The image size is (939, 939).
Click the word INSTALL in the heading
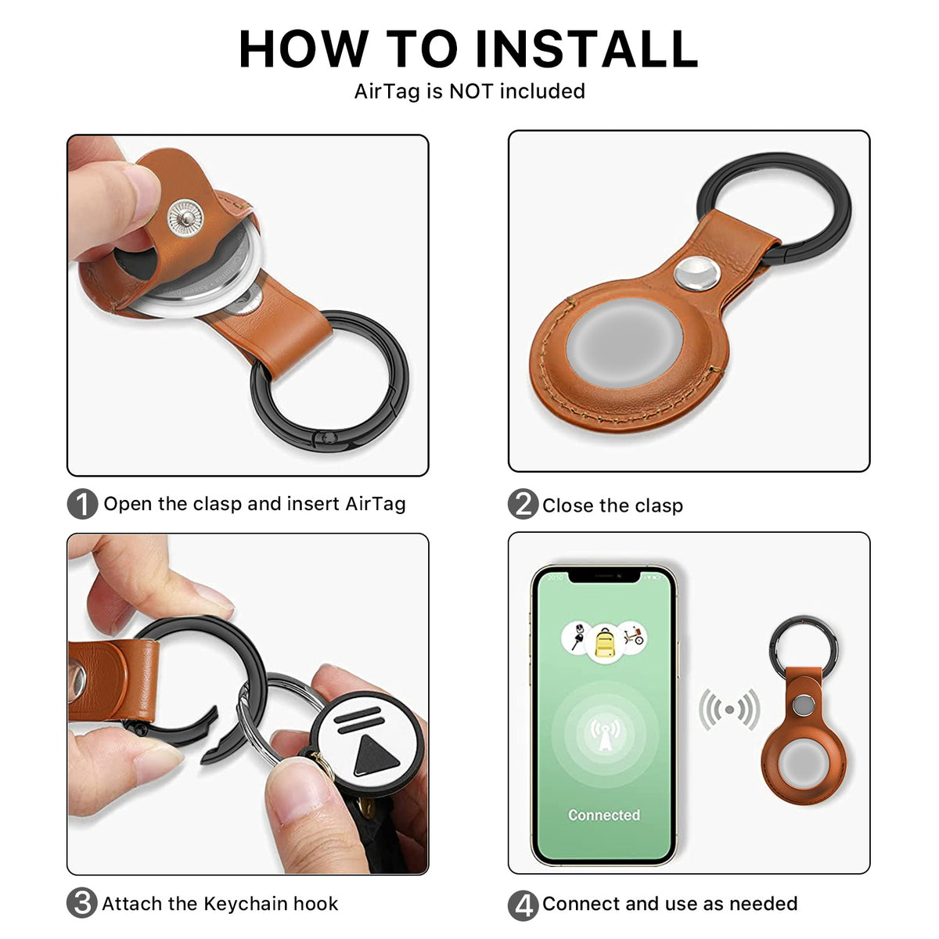point(587,49)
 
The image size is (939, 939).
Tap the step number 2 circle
point(523,505)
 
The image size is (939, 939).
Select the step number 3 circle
point(82,903)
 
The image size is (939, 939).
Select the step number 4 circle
point(523,905)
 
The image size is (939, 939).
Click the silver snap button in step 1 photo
point(184,217)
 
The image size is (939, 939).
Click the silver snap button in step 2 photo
point(697,274)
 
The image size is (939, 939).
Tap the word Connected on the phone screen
point(603,815)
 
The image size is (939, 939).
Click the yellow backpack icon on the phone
point(603,642)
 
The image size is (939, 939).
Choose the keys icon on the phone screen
point(577,636)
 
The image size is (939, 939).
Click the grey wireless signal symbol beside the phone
point(729,710)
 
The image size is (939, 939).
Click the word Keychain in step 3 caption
point(234,904)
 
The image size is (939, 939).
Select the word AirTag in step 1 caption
point(376,504)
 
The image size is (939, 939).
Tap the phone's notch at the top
point(603,576)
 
